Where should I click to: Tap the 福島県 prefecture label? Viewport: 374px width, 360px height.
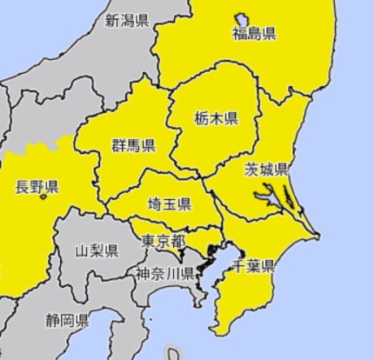(x=254, y=35)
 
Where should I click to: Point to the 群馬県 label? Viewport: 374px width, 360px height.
(x=133, y=145)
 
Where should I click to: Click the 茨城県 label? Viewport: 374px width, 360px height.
(x=266, y=169)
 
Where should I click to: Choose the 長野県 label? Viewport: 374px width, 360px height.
(x=37, y=186)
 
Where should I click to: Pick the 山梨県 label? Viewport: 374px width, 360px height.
(x=97, y=251)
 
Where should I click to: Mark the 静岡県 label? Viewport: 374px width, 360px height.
(x=67, y=320)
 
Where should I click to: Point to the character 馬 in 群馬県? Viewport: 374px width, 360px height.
(x=133, y=145)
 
